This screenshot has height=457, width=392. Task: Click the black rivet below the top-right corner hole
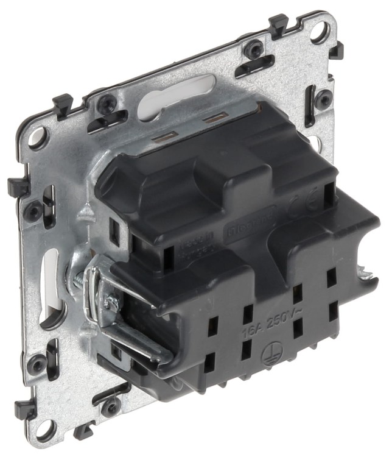[326, 97]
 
